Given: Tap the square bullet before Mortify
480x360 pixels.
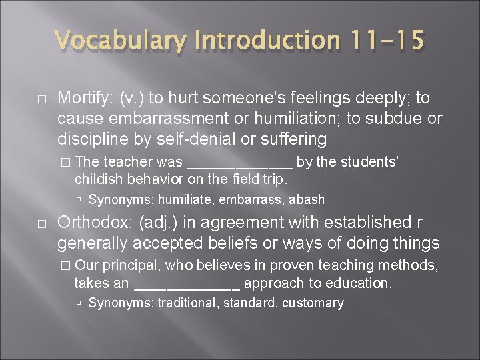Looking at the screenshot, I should pyautogui.click(x=41, y=99).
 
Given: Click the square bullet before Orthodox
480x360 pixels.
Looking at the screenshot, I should pyautogui.click(x=41, y=223).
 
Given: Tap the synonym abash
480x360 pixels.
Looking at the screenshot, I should pyautogui.click(x=307, y=199).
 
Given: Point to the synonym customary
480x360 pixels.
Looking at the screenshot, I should pyautogui.click(x=313, y=303).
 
